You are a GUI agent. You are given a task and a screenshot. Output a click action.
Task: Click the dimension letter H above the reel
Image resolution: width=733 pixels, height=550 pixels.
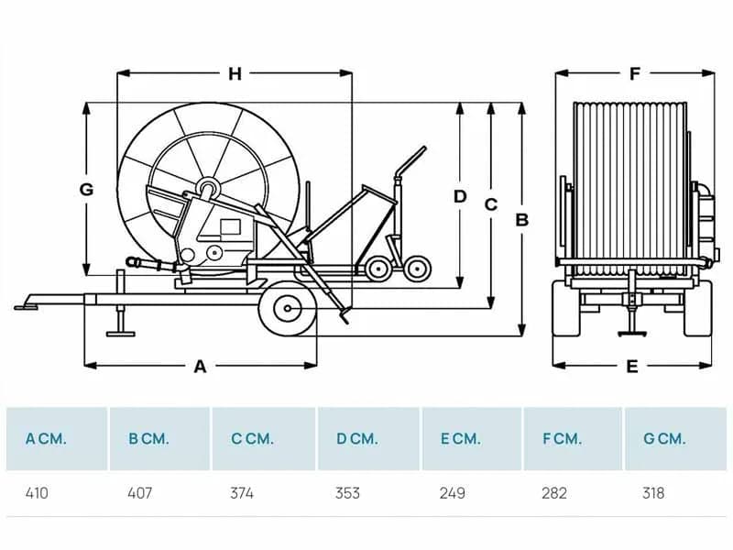pyautogui.click(x=235, y=74)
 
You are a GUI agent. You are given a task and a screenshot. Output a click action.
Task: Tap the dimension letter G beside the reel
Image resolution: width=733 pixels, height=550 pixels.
pyautogui.click(x=86, y=190)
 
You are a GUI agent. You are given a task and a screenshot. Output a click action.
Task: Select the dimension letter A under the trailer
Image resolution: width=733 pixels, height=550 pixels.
pyautogui.click(x=200, y=367)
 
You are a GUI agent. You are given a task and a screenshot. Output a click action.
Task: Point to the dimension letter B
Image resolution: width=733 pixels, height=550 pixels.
pyautogui.click(x=521, y=220)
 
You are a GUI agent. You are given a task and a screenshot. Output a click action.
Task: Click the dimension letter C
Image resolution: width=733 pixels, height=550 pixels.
pyautogui.click(x=491, y=204)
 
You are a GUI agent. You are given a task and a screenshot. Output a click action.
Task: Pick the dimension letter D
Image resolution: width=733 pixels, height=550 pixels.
pyautogui.click(x=460, y=196)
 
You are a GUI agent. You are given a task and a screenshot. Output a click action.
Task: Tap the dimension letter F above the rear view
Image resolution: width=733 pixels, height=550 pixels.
pyautogui.click(x=634, y=74)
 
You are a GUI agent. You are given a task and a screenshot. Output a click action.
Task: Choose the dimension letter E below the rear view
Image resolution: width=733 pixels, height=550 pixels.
pyautogui.click(x=632, y=367)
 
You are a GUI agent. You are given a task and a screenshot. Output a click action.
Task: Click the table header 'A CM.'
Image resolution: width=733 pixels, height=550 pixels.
pyautogui.click(x=46, y=439)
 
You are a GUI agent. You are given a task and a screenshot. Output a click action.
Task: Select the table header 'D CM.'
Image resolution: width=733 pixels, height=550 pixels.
pyautogui.click(x=356, y=439)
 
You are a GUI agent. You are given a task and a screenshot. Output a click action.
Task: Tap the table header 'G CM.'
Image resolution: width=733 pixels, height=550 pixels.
pyautogui.click(x=664, y=439)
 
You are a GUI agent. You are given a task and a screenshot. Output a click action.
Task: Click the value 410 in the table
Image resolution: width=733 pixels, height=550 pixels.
pyautogui.click(x=37, y=493)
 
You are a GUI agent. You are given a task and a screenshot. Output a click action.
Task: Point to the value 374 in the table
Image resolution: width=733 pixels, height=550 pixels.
pyautogui.click(x=242, y=493)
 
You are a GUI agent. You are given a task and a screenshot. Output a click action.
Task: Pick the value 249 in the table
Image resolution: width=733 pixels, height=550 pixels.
pyautogui.click(x=452, y=493)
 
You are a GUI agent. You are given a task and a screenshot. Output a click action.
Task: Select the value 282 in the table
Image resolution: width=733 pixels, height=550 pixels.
pyautogui.click(x=554, y=493)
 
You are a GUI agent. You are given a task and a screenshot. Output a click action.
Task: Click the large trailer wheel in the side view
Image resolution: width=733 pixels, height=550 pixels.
pyautogui.click(x=288, y=309)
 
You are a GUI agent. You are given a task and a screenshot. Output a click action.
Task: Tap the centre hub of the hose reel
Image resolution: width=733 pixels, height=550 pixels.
pyautogui.click(x=209, y=189)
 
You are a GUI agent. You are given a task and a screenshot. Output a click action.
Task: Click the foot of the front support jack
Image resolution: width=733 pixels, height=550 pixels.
pyautogui.click(x=121, y=334)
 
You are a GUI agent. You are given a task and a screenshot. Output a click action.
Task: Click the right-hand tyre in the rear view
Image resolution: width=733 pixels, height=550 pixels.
pyautogui.click(x=698, y=308)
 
